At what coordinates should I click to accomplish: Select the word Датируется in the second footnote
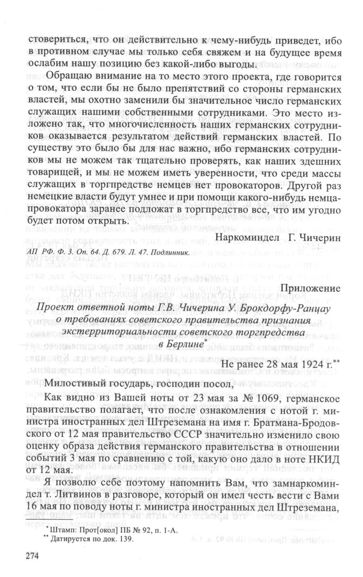pos(70,539)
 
